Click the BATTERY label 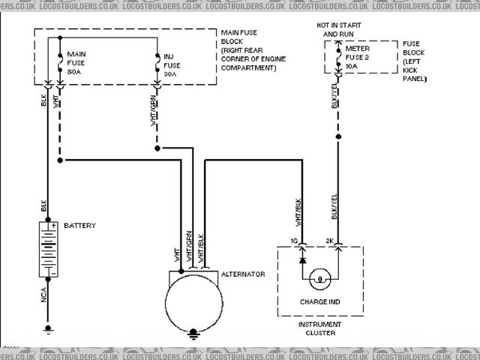tap(79, 225)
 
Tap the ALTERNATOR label tap(242, 275)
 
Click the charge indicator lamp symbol tap(320, 279)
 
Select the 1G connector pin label tap(295, 240)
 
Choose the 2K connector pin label tap(331, 240)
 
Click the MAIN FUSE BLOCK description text tap(247, 51)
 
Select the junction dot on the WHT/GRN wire tap(157, 148)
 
